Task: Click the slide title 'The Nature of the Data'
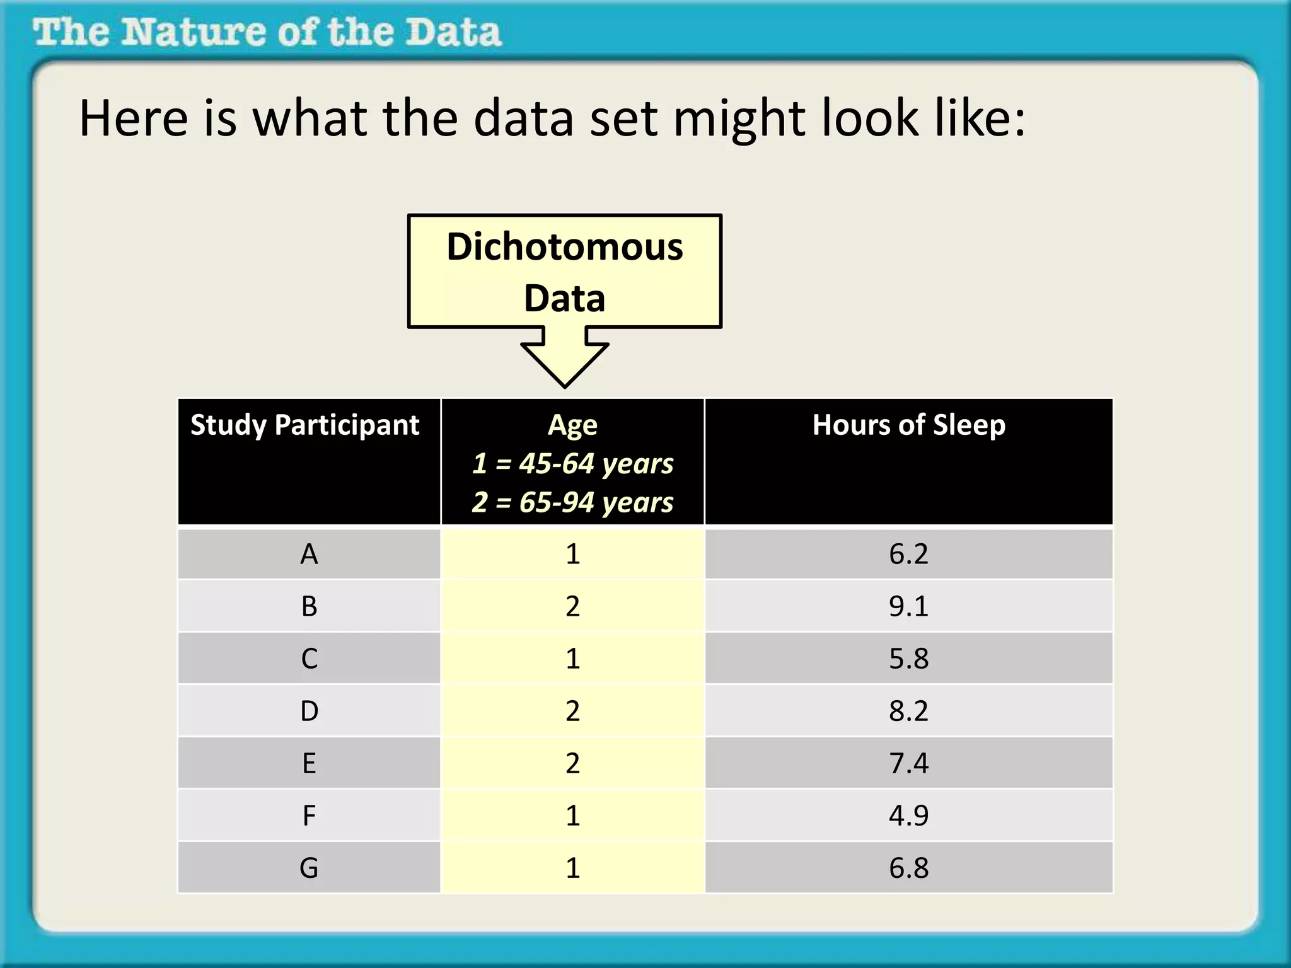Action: click(267, 33)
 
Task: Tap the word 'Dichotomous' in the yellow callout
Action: click(564, 246)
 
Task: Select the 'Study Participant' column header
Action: click(305, 425)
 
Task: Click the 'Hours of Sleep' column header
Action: click(908, 425)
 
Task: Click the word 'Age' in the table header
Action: click(572, 425)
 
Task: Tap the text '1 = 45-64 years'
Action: click(572, 463)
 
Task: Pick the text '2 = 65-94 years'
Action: click(572, 502)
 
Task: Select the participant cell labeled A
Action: click(309, 554)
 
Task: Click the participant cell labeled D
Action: click(309, 711)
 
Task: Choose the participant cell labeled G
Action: click(309, 868)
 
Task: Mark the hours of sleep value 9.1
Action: click(908, 606)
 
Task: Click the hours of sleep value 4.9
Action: click(908, 815)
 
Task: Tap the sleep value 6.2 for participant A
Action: click(908, 554)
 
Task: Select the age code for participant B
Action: click(572, 606)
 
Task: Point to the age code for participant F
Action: click(572, 815)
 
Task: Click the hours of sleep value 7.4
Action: click(908, 763)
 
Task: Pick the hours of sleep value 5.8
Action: click(908, 659)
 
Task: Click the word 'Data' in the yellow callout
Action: click(564, 298)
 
